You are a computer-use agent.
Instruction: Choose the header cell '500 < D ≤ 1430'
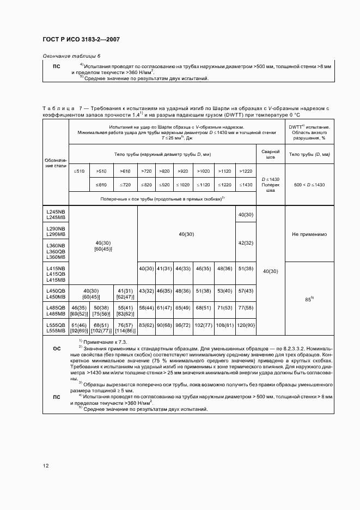click(309, 185)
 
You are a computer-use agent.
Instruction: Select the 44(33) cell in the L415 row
click(182, 269)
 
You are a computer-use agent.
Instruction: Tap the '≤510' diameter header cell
click(79, 171)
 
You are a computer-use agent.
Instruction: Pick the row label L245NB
click(56, 211)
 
